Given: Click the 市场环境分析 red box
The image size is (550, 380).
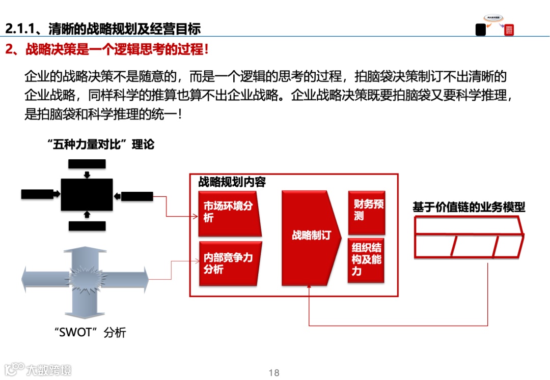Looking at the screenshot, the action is pyautogui.click(x=229, y=213).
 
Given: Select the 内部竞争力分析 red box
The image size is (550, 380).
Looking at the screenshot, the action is pyautogui.click(x=229, y=264).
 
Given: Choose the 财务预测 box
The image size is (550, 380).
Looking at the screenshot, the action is pyautogui.click(x=366, y=210).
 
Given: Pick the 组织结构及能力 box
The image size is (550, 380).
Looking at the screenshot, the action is pyautogui.click(x=366, y=260).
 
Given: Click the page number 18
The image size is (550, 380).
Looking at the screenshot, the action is pyautogui.click(x=274, y=373).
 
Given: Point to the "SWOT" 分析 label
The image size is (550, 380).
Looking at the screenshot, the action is pyautogui.click(x=90, y=333).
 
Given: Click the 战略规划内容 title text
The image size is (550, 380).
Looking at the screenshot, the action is pyautogui.click(x=232, y=182).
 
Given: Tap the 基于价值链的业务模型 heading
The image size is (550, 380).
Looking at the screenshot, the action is pyautogui.click(x=469, y=207).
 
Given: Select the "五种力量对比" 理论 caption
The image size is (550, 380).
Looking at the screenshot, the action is pyautogui.click(x=103, y=144).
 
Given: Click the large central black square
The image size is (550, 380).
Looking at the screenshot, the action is pyautogui.click(x=87, y=194).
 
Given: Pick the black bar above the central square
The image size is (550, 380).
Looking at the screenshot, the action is pyautogui.click(x=87, y=164).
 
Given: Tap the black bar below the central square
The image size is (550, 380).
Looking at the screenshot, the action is pyautogui.click(x=87, y=226).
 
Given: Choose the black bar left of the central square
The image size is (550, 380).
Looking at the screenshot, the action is pyautogui.click(x=37, y=194).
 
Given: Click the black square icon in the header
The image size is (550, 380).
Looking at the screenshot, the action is pyautogui.click(x=481, y=30).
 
